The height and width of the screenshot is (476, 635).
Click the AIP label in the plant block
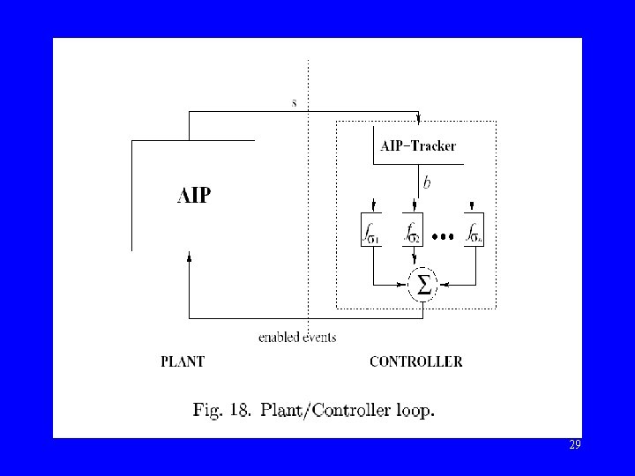coord(194,195)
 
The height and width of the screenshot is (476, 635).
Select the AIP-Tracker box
coord(417,146)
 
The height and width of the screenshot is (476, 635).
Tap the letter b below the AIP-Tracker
coord(427,183)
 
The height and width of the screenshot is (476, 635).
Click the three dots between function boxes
coord(443,236)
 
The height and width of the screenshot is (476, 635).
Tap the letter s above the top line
coord(295,102)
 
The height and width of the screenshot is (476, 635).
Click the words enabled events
coord(297,337)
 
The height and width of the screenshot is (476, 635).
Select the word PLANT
coord(183,361)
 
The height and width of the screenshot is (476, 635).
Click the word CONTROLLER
coord(415,361)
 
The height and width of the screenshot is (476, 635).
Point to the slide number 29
coord(575,445)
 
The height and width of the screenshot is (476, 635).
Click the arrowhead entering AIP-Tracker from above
coord(418,120)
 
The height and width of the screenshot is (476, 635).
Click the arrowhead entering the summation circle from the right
coord(444,284)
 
